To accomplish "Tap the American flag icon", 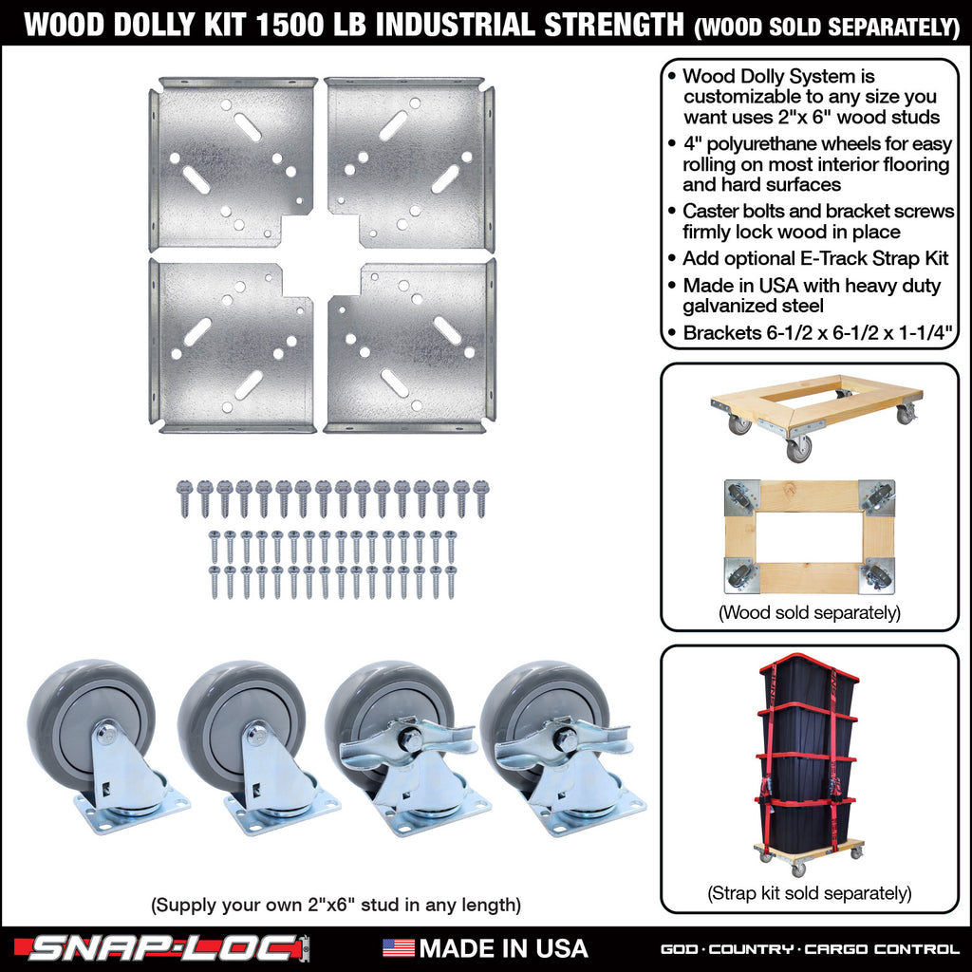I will coord(398,947).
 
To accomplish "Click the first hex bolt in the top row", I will coord(184,497).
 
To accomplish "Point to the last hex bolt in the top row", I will coord(480,497).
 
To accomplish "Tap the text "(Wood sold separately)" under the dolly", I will coord(810,613).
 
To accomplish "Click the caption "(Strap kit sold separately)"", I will coord(810,893).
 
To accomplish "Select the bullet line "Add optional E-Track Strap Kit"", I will coord(814,258).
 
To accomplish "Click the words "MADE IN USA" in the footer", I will coord(503,947).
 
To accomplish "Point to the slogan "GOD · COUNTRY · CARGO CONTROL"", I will coord(810,948).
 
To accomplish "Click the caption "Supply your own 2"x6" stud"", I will coord(335,905).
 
